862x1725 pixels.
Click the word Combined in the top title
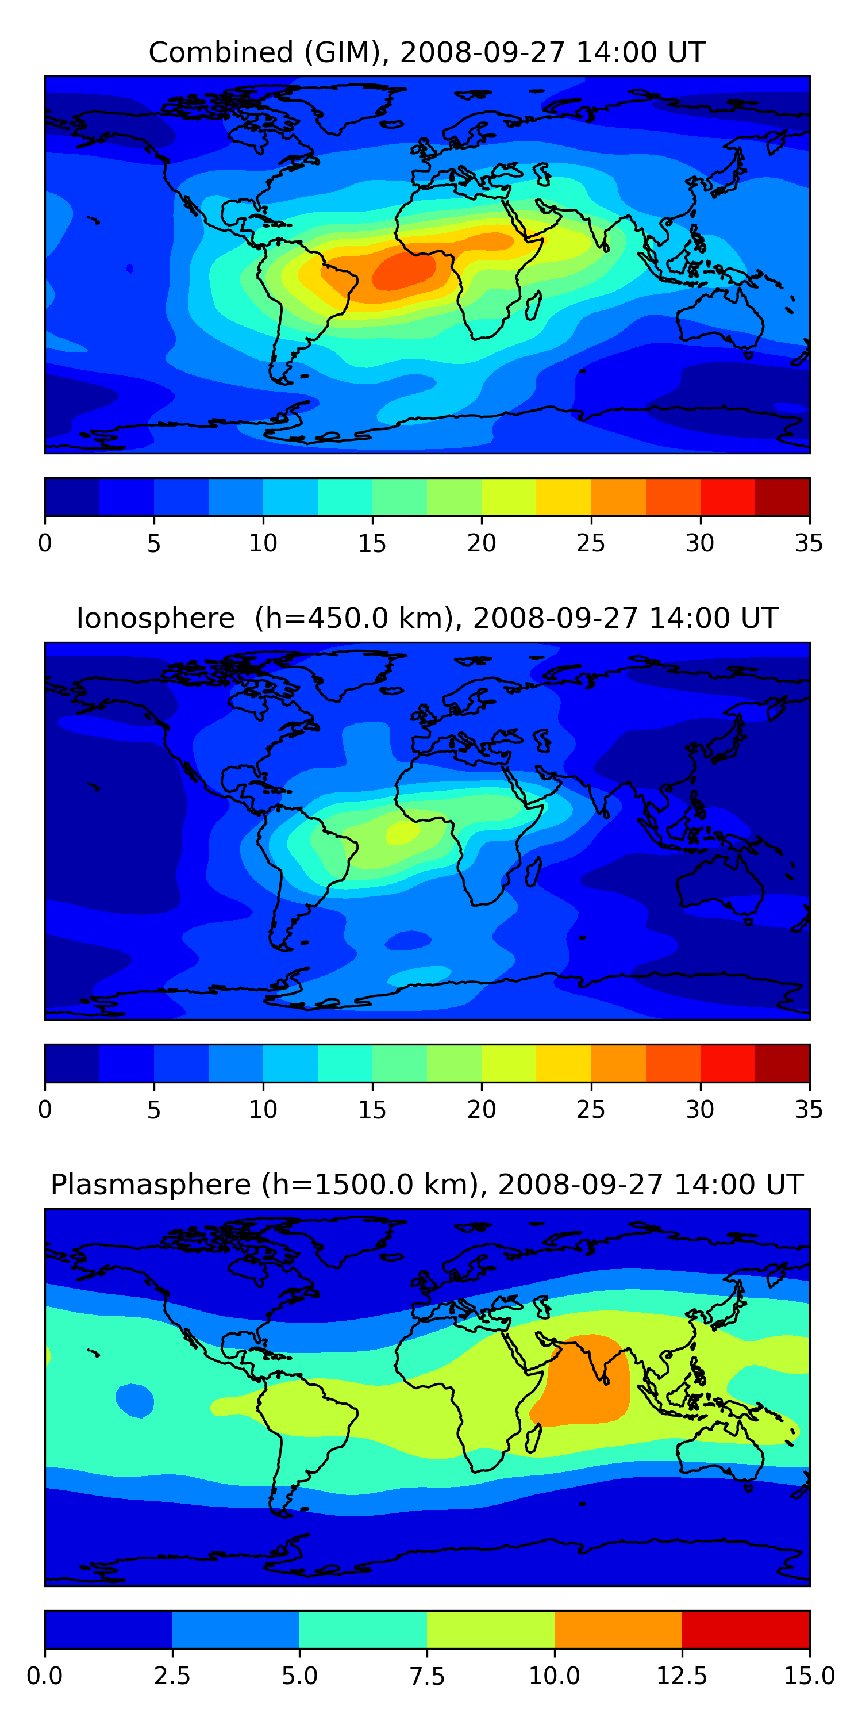221,52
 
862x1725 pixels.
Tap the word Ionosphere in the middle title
155,618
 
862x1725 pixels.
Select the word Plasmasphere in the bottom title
151,1185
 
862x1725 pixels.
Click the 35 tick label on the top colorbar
809,543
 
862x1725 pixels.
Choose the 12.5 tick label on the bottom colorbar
682,1676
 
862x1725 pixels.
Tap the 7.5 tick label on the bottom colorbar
427,1676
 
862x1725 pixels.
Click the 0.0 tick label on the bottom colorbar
45,1676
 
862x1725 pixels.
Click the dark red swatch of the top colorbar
782,497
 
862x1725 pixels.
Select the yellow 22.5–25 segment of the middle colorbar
564,1063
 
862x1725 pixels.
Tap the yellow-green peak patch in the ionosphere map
403,831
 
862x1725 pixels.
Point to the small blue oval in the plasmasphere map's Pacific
134,1401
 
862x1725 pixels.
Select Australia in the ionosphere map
720,884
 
